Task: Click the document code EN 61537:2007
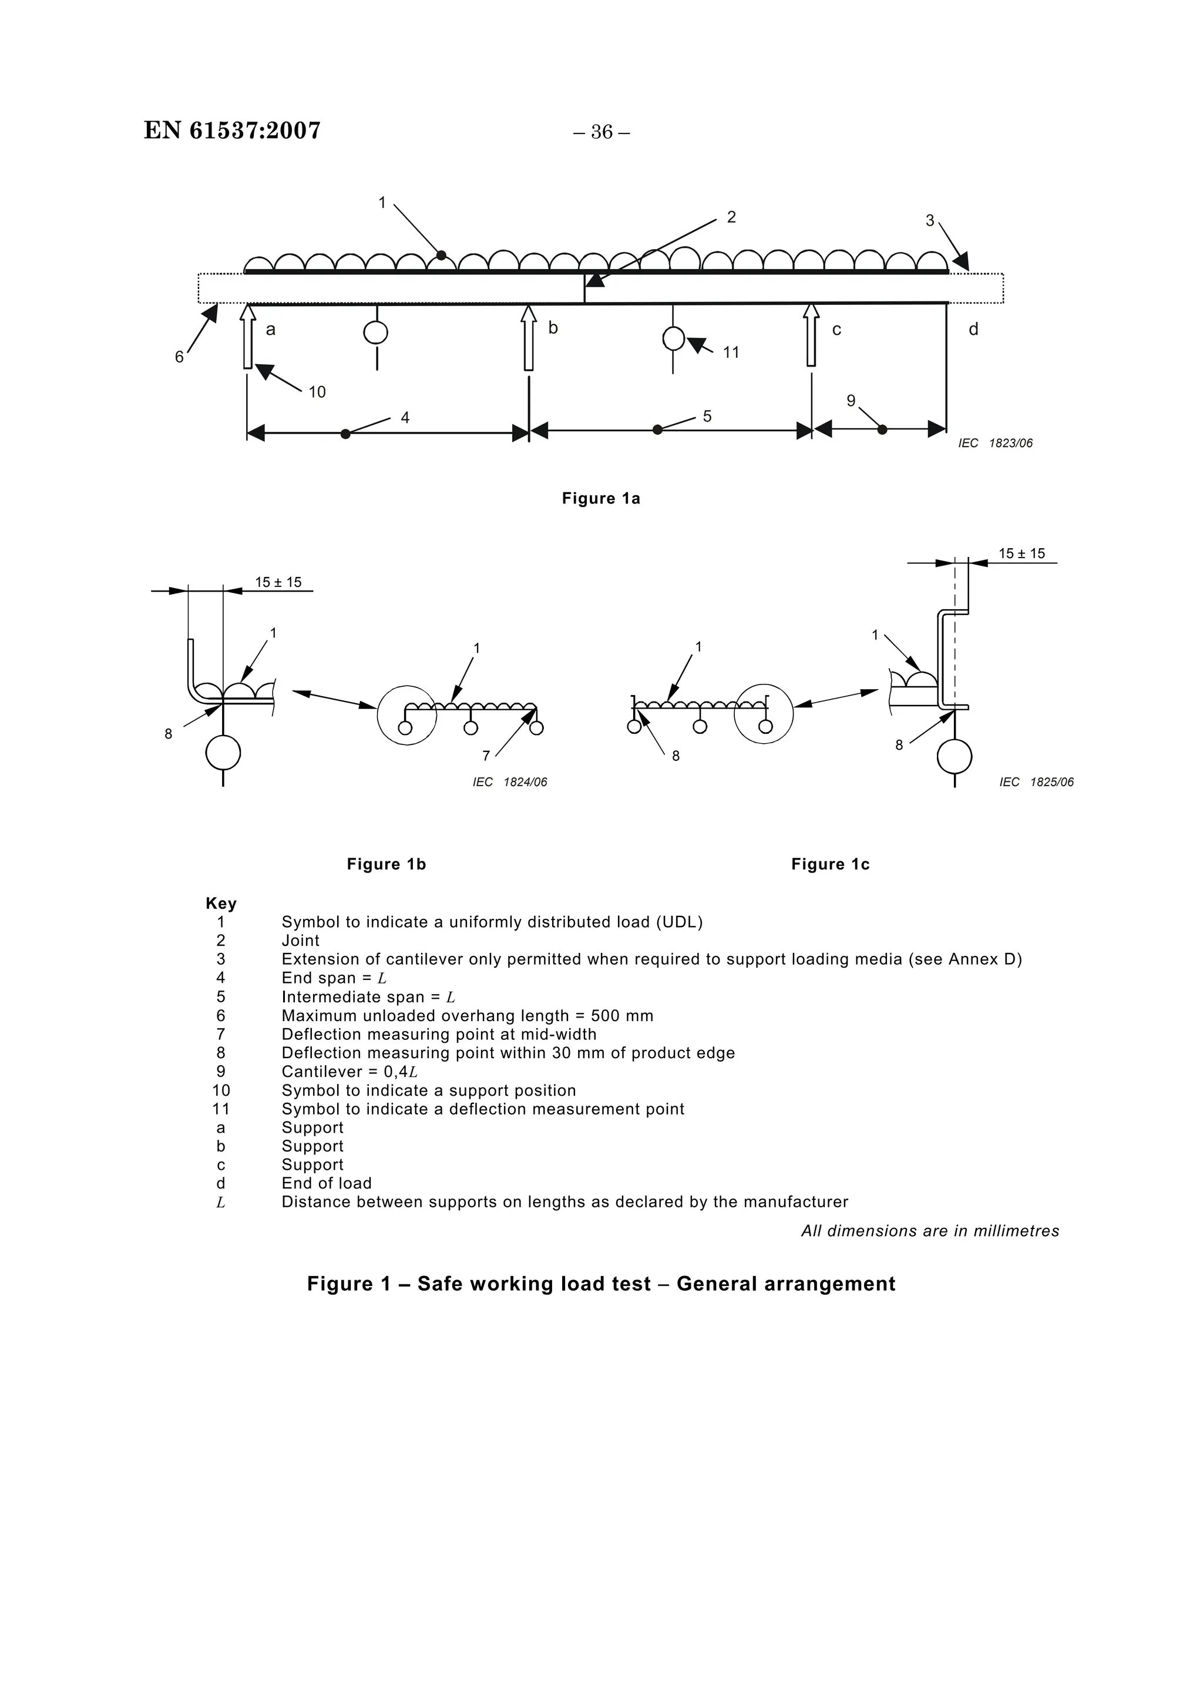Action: tap(232, 130)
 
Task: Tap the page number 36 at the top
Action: tap(601, 132)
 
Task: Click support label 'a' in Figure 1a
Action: tap(271, 330)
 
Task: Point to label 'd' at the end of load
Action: tap(973, 329)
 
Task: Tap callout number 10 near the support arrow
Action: tap(317, 392)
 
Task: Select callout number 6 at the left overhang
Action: tap(179, 357)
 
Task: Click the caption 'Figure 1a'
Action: tap(600, 499)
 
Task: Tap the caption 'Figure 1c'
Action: tap(830, 864)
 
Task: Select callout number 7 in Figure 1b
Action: tap(486, 756)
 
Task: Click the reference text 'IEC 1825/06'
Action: tap(1036, 782)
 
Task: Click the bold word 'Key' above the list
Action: tap(221, 904)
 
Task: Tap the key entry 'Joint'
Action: tap(300, 941)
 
